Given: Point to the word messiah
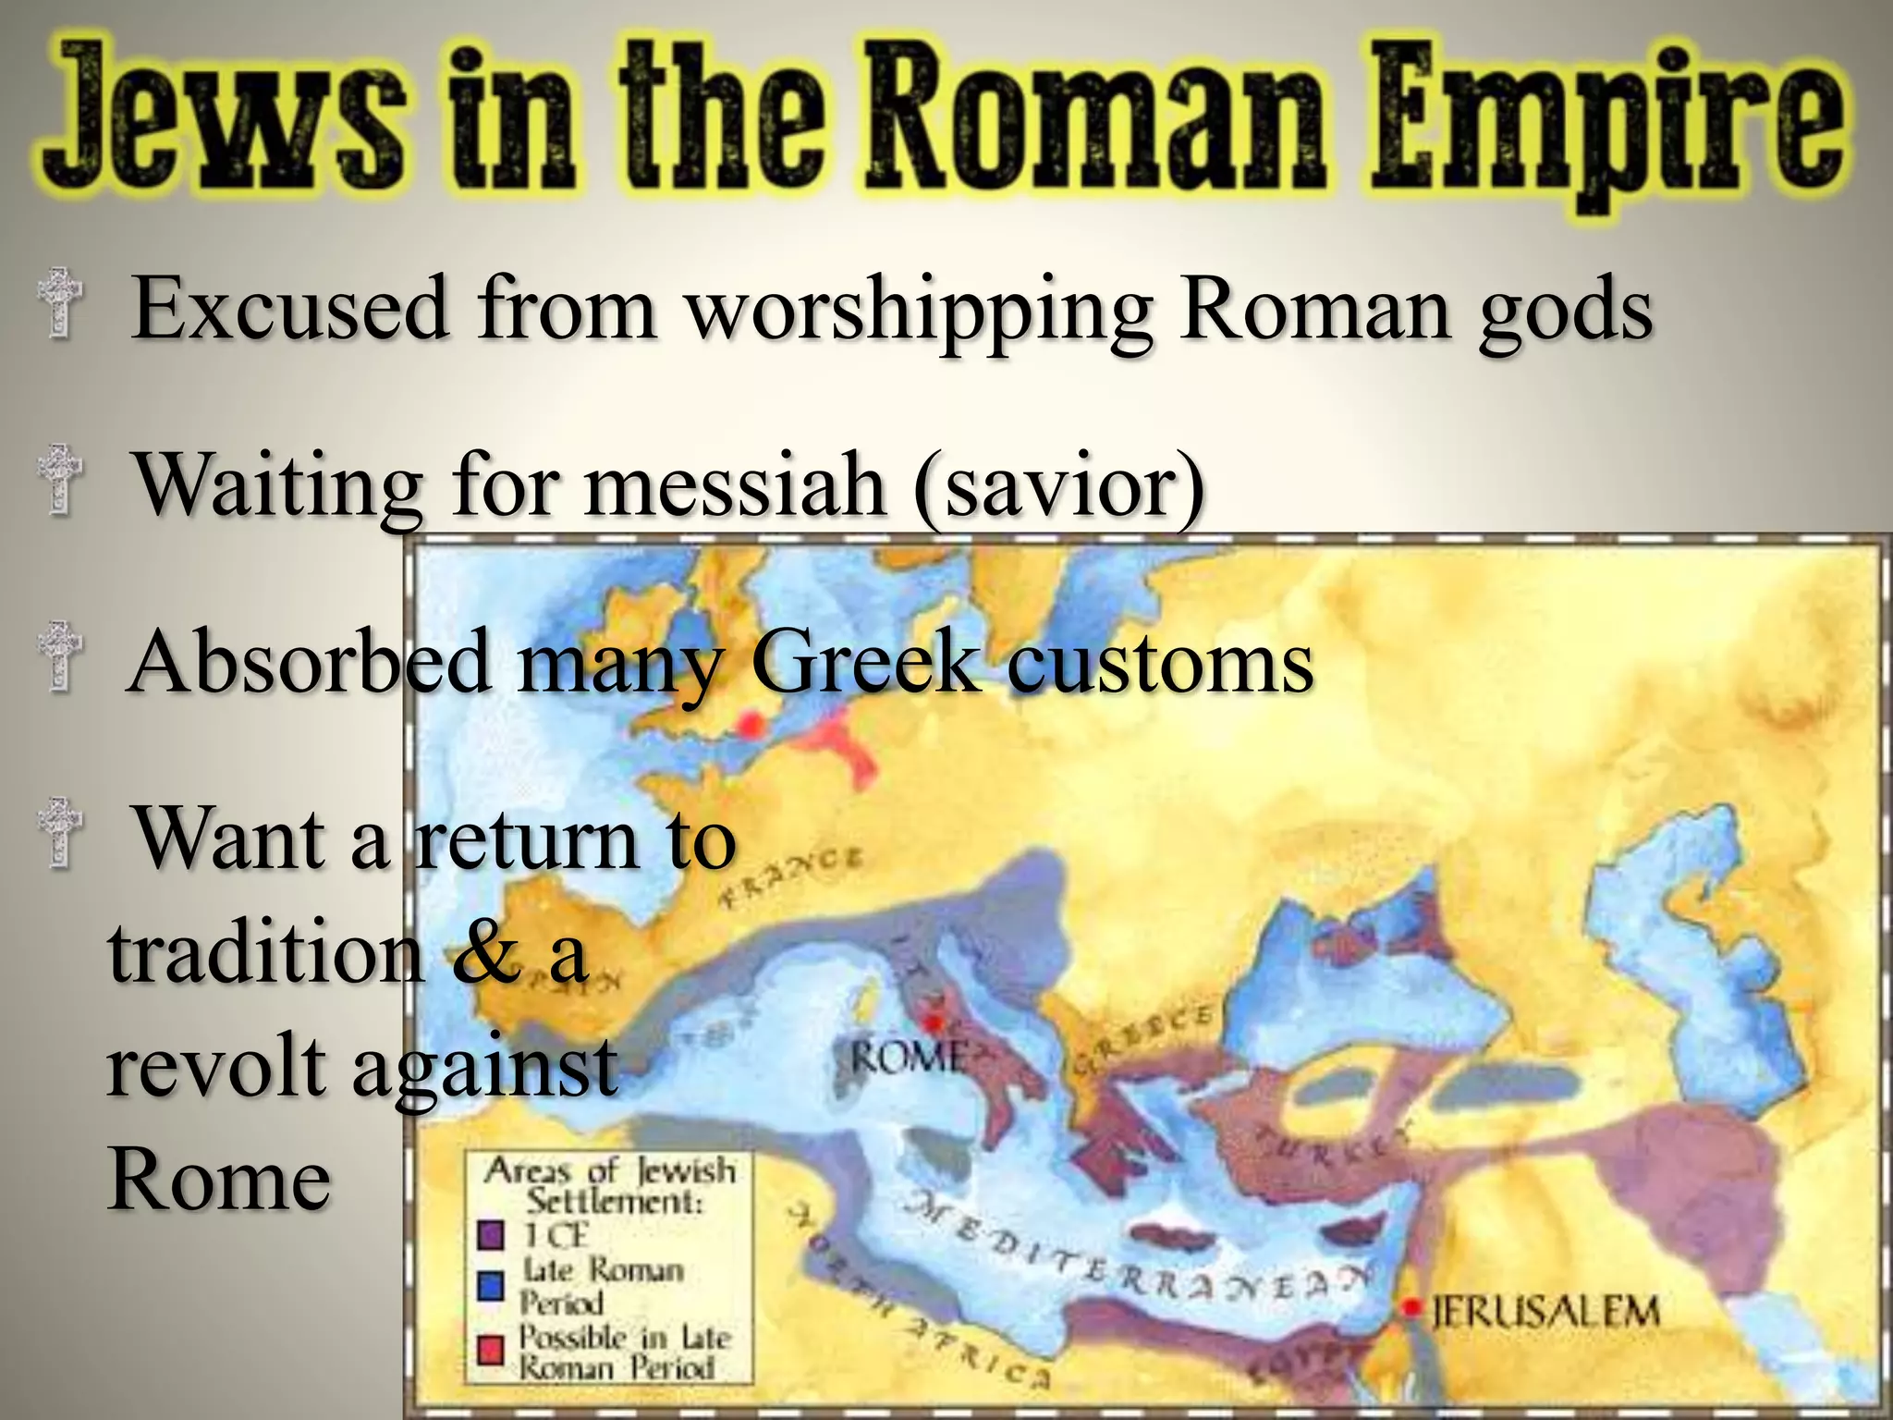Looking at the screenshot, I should point(735,485).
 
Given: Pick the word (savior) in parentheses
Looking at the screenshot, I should point(1059,485).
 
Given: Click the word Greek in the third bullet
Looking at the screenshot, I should point(865,663).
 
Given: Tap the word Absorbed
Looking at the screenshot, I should point(310,663).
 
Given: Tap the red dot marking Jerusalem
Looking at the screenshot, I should point(1411,1307).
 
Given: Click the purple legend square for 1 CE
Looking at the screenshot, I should point(491,1234).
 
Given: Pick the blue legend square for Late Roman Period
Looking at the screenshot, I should point(491,1285).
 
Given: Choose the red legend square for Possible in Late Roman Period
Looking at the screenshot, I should point(491,1351).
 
